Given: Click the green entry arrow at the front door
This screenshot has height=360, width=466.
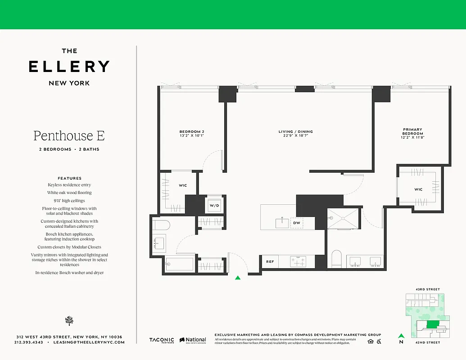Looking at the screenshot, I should [x=238, y=278].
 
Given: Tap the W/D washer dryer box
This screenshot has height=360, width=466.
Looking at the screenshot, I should [x=213, y=205].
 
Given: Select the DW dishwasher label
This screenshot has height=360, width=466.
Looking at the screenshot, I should [x=296, y=223].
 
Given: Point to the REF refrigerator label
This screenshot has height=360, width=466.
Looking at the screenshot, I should [x=270, y=261].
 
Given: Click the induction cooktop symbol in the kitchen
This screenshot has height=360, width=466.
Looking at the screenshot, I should [x=298, y=261].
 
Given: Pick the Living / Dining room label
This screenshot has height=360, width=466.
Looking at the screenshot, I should [x=295, y=134].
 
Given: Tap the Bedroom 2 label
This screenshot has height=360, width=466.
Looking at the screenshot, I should [x=192, y=134].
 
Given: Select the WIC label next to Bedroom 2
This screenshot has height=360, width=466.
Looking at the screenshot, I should [x=183, y=185].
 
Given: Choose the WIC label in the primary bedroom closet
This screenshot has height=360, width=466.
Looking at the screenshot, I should [x=418, y=189].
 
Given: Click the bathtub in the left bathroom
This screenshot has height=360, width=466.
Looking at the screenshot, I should [x=179, y=264].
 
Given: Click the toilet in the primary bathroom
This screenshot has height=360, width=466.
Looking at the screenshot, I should [x=337, y=259].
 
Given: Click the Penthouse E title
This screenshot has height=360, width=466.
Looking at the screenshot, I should [x=69, y=135].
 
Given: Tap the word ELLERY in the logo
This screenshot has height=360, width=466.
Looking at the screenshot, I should [x=69, y=67].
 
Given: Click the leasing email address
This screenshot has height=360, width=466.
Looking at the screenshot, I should [x=88, y=342].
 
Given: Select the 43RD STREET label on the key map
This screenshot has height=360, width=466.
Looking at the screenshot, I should [x=427, y=289].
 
